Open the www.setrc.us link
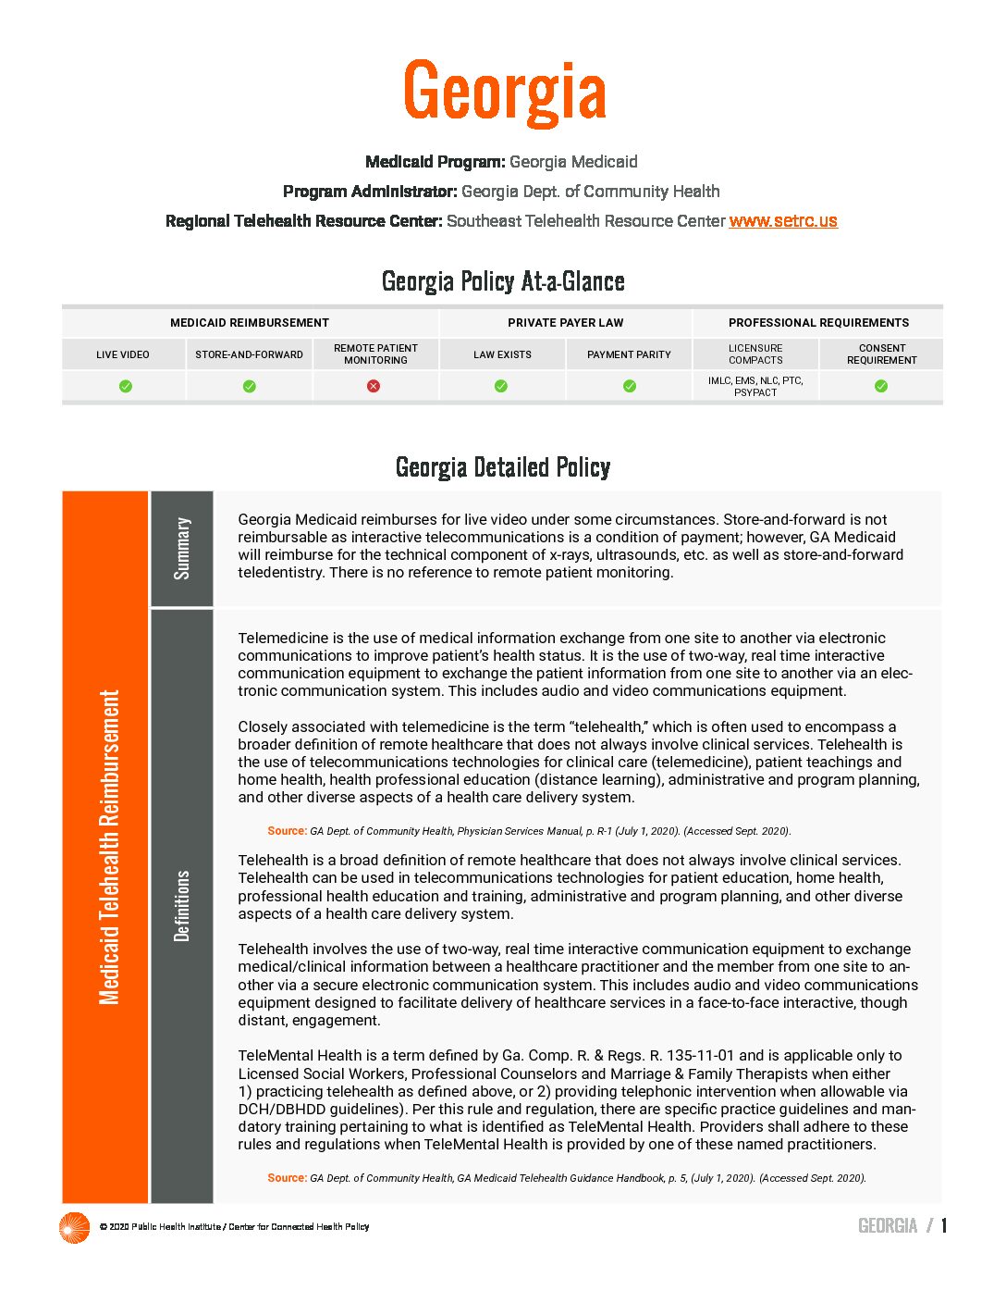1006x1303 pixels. [x=783, y=221]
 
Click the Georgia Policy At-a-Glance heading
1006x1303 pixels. [x=503, y=281]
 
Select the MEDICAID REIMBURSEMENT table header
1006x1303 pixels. [x=250, y=323]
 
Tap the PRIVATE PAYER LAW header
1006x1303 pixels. [x=565, y=323]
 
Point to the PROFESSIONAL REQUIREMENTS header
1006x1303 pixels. [x=818, y=323]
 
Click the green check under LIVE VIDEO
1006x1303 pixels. [x=126, y=386]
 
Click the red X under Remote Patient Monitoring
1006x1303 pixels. [x=374, y=386]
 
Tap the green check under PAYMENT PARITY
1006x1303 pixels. [x=630, y=386]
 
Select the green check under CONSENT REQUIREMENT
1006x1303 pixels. [x=881, y=386]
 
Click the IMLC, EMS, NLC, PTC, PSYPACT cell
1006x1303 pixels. [x=755, y=387]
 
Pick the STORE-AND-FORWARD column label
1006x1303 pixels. [x=249, y=354]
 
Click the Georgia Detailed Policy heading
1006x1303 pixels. [x=503, y=467]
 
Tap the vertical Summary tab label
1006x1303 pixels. [x=182, y=549]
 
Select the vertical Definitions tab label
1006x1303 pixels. [x=182, y=905]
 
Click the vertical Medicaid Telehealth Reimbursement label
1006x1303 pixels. [x=109, y=847]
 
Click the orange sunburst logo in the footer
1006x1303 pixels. [x=74, y=1227]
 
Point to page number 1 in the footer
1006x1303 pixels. [x=944, y=1226]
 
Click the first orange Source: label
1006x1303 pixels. [x=287, y=831]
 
